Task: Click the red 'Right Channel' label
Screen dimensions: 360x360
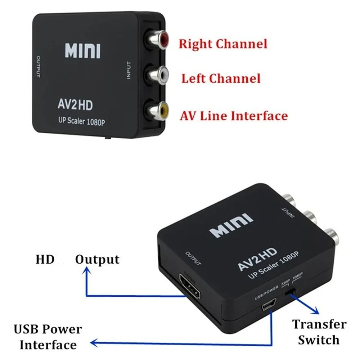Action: [x=223, y=44]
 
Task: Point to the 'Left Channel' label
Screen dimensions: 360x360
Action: [x=221, y=78]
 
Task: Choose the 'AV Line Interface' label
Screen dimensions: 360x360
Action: [x=234, y=116]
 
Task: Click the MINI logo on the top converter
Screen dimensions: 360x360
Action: [x=82, y=51]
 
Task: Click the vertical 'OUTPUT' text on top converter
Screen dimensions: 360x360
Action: [x=37, y=67]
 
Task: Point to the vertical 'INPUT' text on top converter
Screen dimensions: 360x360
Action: [x=129, y=71]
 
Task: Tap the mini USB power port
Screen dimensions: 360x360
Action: [x=267, y=306]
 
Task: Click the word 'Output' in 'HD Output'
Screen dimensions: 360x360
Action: [x=97, y=260]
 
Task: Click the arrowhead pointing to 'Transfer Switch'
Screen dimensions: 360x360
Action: [x=316, y=310]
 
